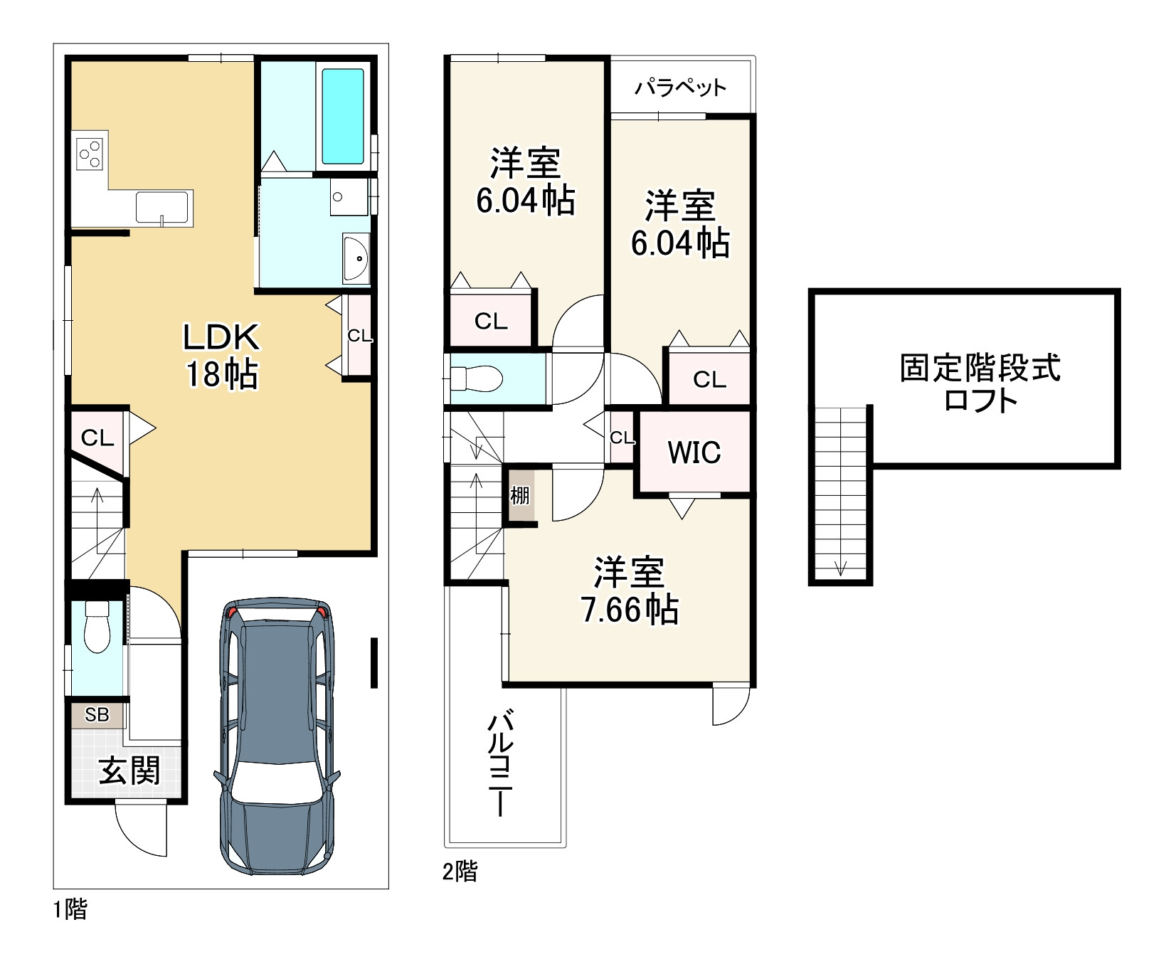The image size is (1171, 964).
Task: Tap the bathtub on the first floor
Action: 343,116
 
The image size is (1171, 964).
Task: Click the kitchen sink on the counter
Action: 164,208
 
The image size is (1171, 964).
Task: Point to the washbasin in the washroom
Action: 355,258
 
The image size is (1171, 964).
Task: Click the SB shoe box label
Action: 97,714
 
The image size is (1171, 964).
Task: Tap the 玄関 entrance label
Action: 129,770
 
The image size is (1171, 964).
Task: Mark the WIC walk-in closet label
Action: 694,452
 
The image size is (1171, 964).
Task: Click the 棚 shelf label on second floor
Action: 520,495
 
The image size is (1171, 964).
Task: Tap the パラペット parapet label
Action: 680,88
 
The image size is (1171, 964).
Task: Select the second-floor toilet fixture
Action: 478,378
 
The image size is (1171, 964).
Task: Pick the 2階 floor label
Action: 460,871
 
